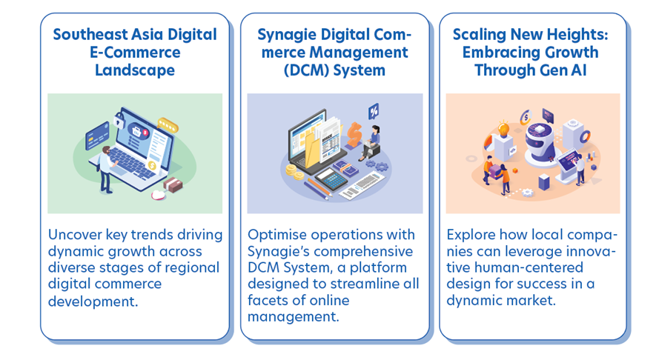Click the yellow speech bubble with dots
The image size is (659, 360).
[169, 125]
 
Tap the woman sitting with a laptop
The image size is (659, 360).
[374, 142]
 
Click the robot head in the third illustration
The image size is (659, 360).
[536, 138]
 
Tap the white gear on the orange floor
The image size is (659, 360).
[527, 193]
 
